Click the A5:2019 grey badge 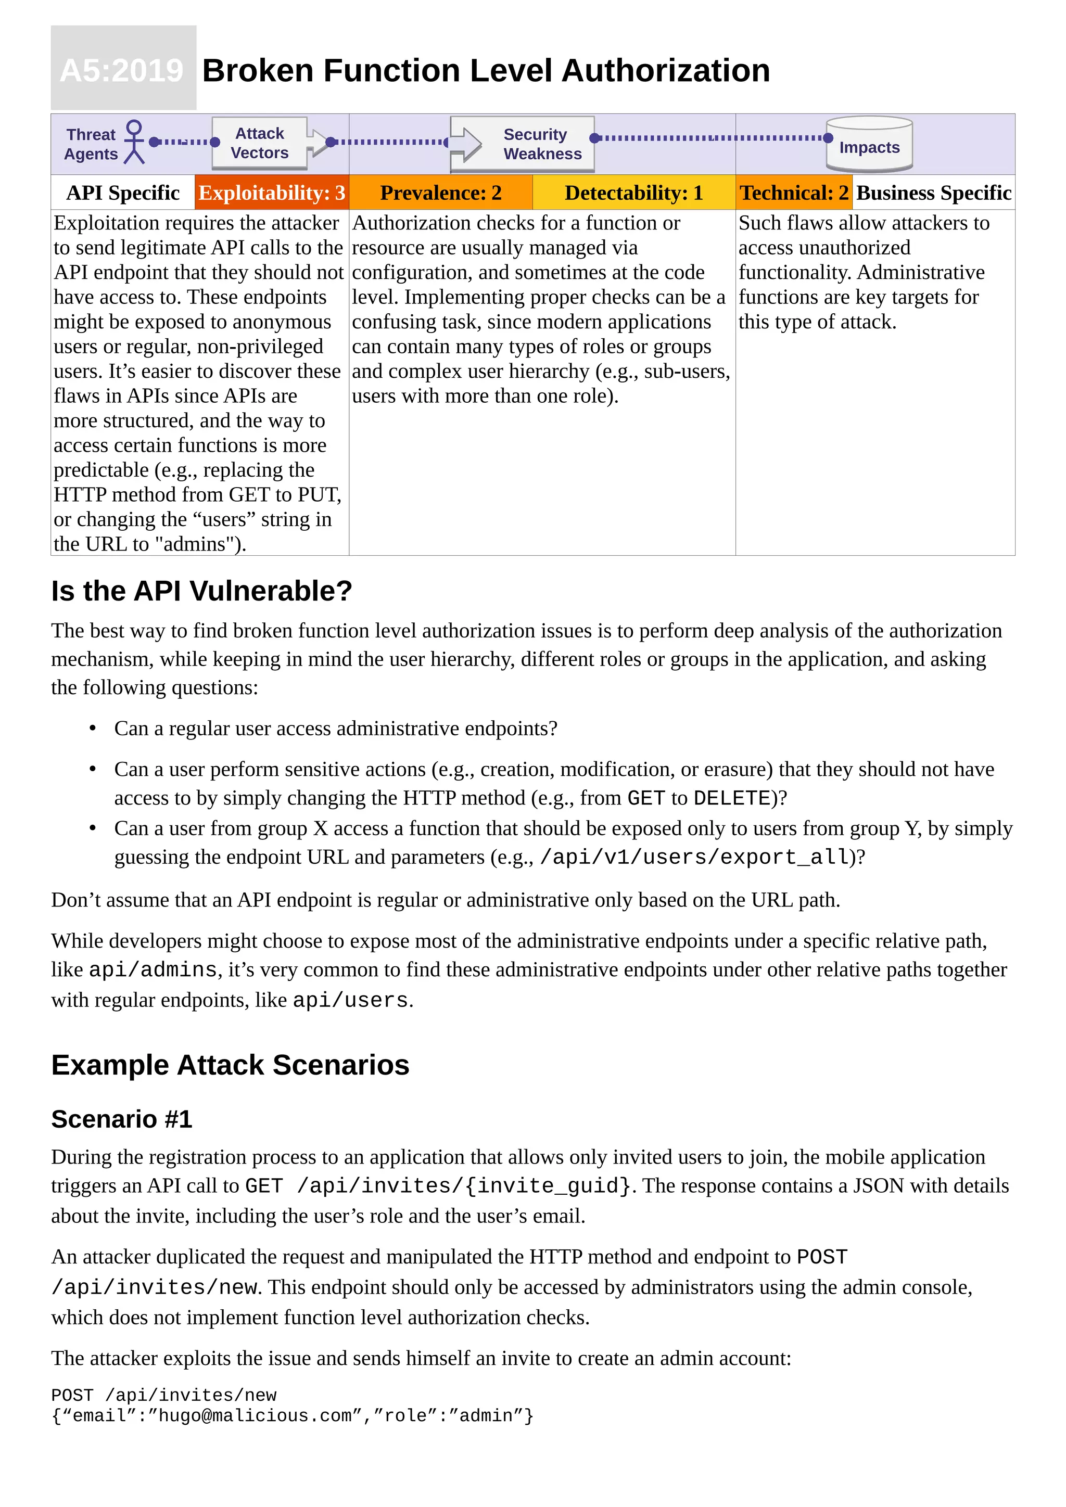123,68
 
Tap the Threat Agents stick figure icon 135,142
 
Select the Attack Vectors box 259,143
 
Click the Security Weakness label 542,144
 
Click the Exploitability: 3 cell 272,193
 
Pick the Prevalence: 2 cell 440,193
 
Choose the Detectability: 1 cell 633,193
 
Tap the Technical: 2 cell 794,193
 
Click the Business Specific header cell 933,193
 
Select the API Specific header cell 123,193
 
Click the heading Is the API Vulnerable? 201,591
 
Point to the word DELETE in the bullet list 731,798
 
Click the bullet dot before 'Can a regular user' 93,728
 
